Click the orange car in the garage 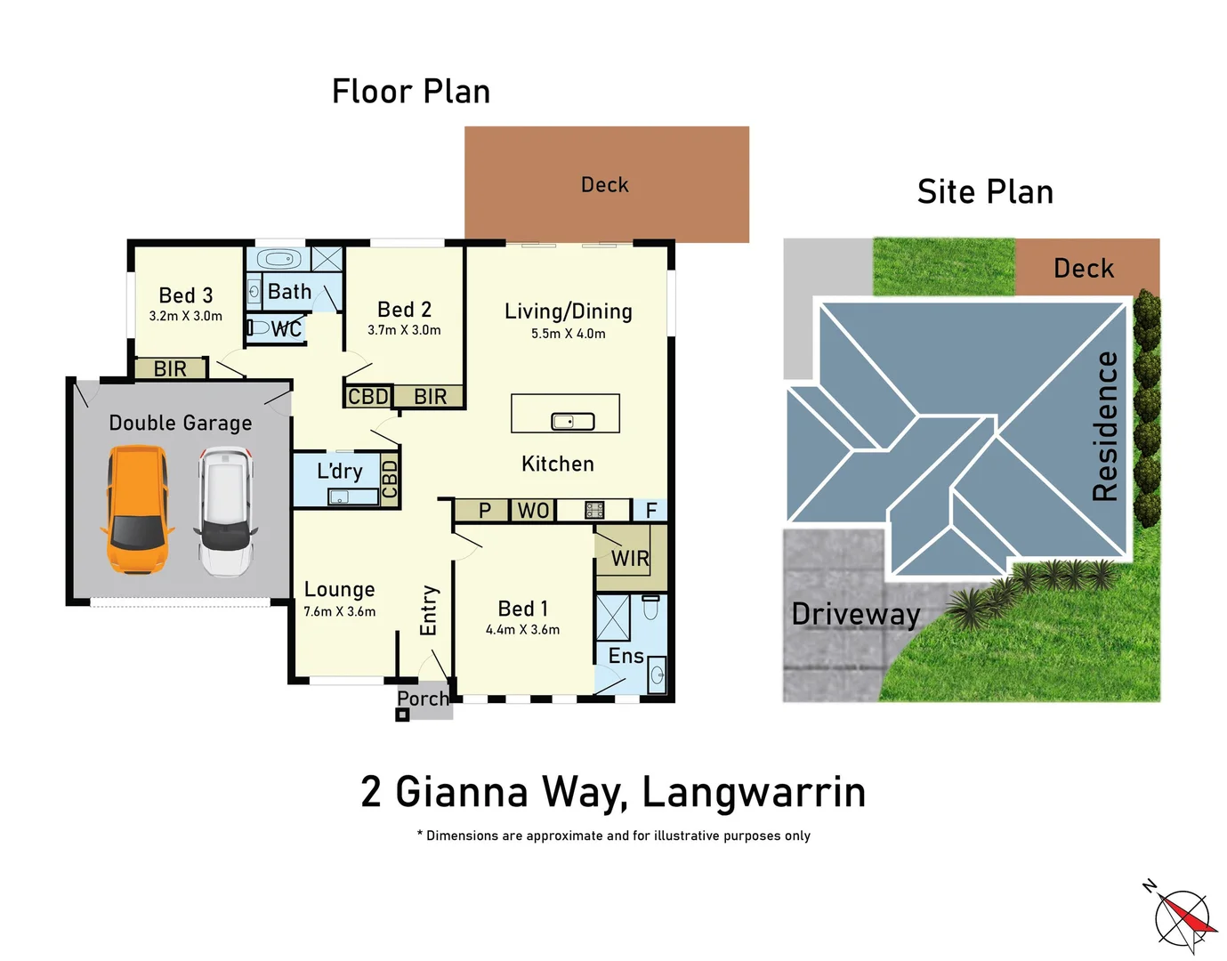137,510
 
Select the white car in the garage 226,512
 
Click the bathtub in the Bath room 278,260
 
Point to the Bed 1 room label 522,609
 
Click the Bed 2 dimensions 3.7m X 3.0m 404,330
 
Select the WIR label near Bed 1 630,559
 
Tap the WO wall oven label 533,511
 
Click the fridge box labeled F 650,511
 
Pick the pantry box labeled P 485,511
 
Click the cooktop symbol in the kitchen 594,510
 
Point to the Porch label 423,699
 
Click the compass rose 1183,917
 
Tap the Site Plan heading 985,192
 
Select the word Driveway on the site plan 855,614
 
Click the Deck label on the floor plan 604,185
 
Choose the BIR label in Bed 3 170,368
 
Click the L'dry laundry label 339,471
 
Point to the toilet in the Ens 650,608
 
